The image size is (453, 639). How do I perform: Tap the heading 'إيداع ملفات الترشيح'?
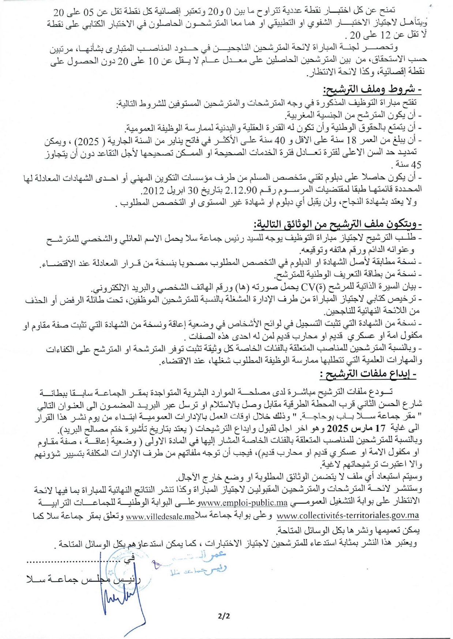pos(368,374)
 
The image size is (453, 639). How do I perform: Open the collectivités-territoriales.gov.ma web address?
pos(348,515)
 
